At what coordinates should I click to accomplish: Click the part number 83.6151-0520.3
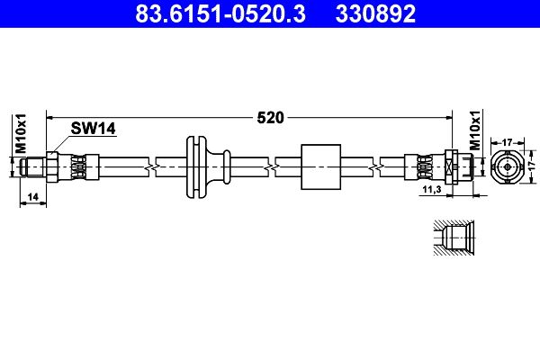(220, 13)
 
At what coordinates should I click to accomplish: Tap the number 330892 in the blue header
(375, 13)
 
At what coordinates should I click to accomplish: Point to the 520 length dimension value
(270, 118)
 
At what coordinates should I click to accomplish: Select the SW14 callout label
(93, 129)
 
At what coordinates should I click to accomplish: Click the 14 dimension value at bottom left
(33, 197)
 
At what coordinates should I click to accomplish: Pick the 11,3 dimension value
(432, 189)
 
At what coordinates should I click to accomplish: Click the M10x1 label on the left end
(21, 133)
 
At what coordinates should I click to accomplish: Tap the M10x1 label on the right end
(475, 130)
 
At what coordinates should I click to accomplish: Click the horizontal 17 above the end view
(508, 142)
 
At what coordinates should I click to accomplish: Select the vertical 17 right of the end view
(533, 166)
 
